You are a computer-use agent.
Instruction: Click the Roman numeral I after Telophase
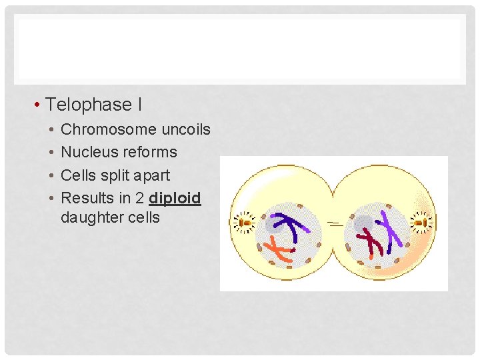[139, 105]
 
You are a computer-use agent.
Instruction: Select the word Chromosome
[109, 129]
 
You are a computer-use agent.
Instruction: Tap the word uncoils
[185, 129]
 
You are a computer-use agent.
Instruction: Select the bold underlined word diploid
[175, 199]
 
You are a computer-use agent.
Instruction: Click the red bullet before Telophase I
[39, 105]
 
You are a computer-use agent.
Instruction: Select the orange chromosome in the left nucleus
[279, 253]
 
